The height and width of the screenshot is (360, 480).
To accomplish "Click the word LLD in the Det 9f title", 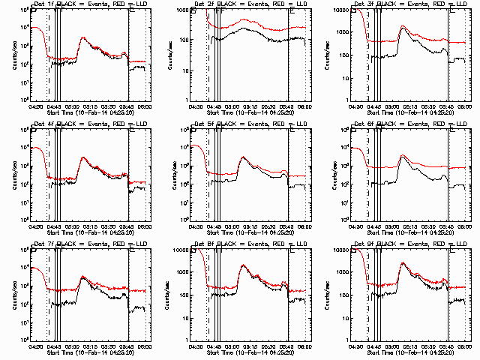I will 443,244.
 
